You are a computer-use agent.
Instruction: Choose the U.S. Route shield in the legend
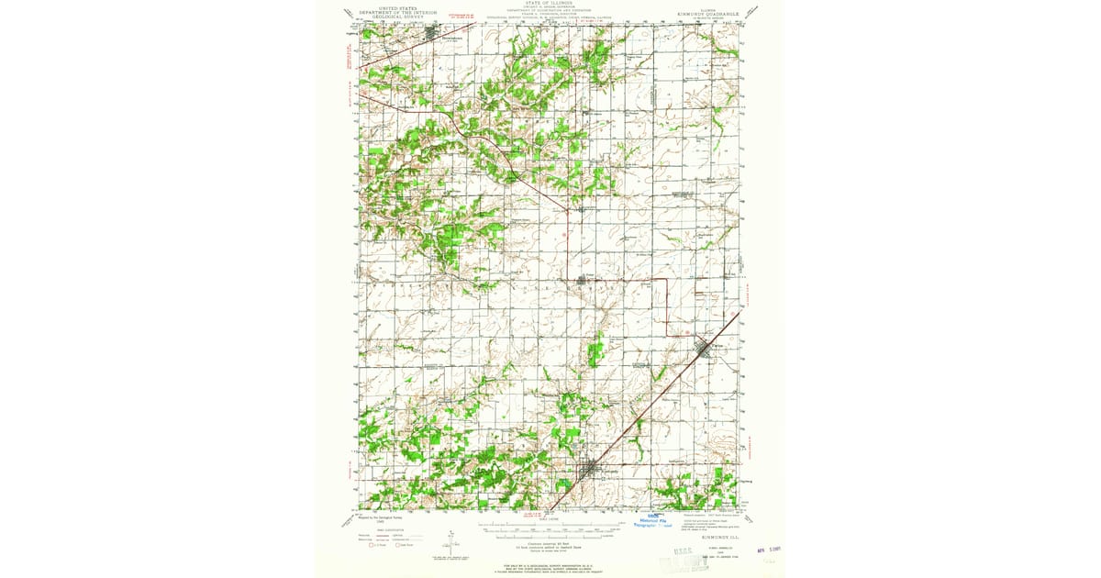[x=373, y=545]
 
